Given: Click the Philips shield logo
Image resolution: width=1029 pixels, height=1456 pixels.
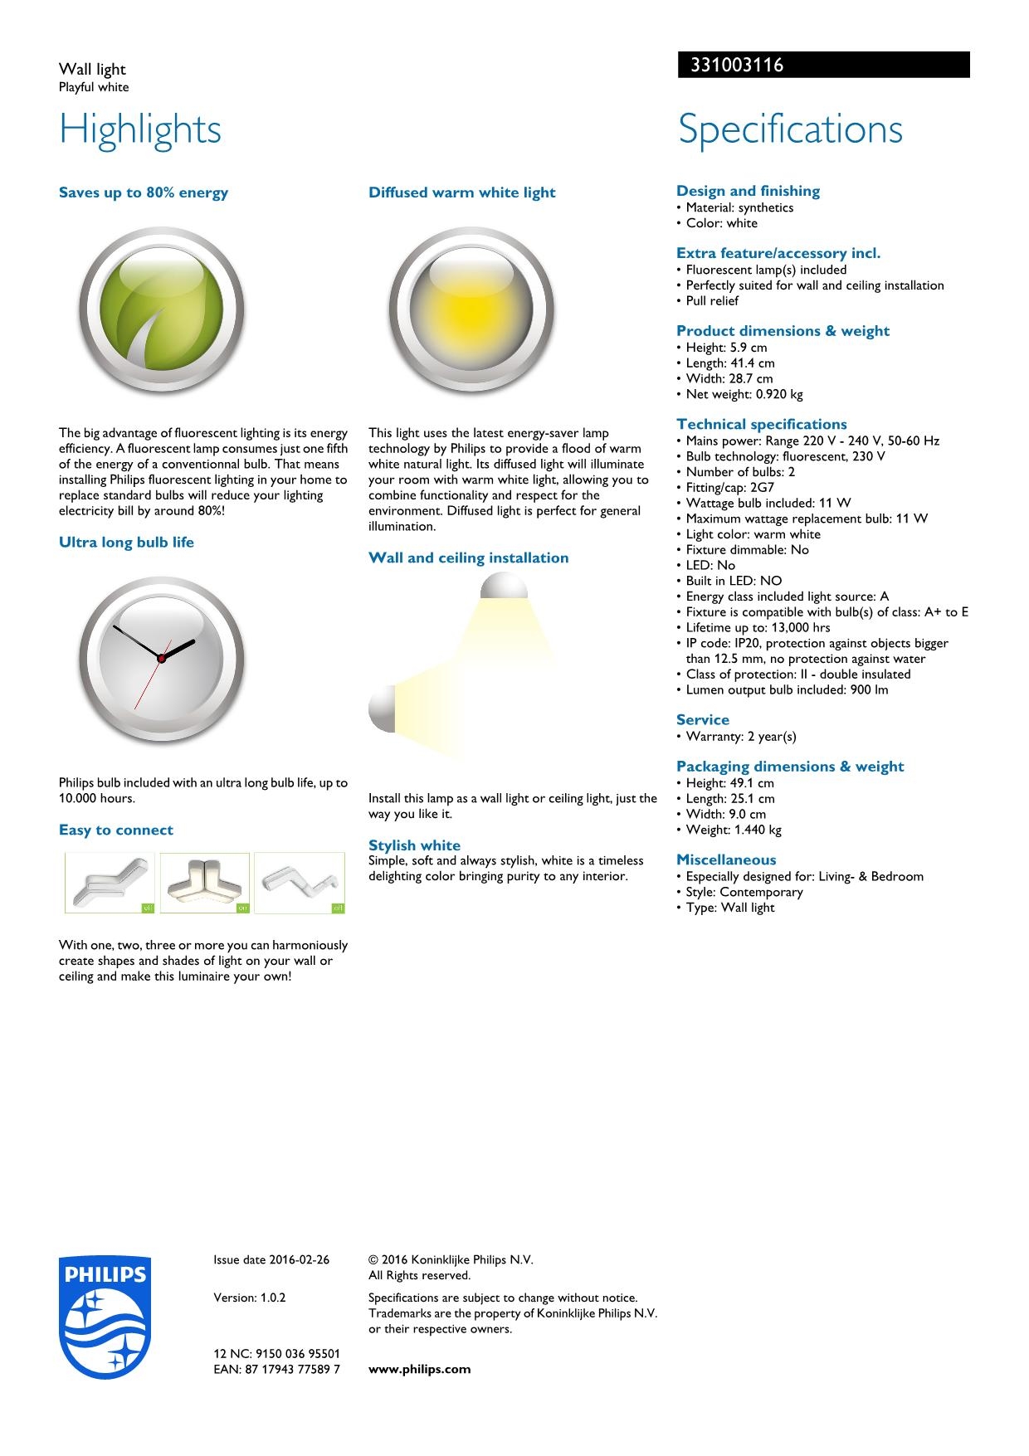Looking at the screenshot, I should tap(105, 1317).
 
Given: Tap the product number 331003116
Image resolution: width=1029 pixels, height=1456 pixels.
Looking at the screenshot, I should tap(732, 66).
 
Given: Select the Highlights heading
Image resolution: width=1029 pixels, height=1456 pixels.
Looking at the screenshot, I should tap(140, 129).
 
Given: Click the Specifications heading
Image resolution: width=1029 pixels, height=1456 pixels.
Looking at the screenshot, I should tap(790, 129).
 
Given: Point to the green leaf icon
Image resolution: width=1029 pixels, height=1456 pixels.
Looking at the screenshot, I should tap(162, 311).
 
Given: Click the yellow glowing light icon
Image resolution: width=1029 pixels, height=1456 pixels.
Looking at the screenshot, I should tap(471, 311).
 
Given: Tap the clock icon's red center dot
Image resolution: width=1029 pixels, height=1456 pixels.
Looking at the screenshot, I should tap(162, 658).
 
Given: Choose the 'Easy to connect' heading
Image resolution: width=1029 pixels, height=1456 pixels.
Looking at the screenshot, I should tap(116, 830).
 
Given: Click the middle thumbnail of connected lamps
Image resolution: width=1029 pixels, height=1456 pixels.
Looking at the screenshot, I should tap(204, 883).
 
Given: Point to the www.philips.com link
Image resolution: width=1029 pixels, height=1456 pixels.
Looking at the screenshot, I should tap(419, 1370).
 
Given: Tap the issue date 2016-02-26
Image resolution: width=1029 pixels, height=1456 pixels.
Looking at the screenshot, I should tap(271, 1260).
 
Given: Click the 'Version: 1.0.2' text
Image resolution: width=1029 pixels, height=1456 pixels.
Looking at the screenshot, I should tap(250, 1298).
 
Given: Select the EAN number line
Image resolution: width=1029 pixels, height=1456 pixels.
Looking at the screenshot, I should tap(276, 1370).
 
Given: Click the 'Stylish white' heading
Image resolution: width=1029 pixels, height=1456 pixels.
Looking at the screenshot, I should tap(414, 845).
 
